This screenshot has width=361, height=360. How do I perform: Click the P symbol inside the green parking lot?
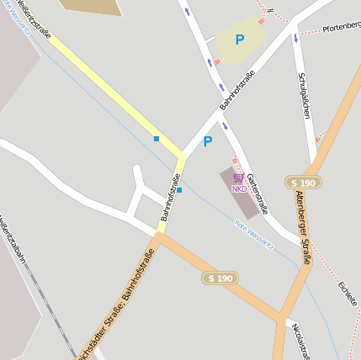click(240, 40)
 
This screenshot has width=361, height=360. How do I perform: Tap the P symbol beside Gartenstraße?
click(208, 142)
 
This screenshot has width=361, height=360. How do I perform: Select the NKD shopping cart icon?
click(239, 178)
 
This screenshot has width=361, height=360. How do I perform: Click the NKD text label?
click(240, 188)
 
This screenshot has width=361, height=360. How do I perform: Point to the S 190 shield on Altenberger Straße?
click(303, 183)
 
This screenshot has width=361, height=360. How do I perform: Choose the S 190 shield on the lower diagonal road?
click(220, 278)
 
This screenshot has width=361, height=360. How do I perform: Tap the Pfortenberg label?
click(342, 27)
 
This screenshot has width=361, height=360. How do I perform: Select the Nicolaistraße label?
click(302, 341)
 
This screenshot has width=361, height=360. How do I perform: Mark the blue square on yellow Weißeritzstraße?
click(157, 138)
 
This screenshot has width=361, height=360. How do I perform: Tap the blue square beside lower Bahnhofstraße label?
click(179, 190)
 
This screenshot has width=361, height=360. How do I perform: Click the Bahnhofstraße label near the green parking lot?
click(237, 91)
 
